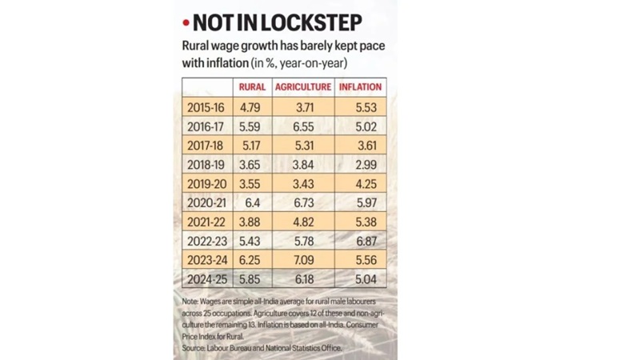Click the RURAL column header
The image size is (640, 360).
coord(252,87)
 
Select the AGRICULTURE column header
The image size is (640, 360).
coord(302,87)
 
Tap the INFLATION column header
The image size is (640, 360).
coord(360,87)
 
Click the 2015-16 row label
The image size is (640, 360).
coord(206,106)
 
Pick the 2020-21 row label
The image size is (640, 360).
coord(206,203)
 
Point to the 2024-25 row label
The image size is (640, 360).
coord(206,280)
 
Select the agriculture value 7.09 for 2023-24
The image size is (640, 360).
coord(302,261)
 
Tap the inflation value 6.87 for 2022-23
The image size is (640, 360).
coord(360,242)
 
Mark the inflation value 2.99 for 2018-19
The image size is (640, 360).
coord(360,164)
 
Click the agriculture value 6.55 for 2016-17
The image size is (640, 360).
coord(302,126)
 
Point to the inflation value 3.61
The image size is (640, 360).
coord(360,145)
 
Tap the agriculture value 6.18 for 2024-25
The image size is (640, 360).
coord(302,280)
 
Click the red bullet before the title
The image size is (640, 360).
coord(186,23)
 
